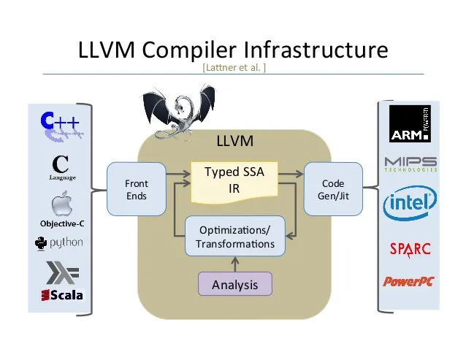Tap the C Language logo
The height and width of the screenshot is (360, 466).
click(x=62, y=167)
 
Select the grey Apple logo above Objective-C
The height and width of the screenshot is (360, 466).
click(x=62, y=204)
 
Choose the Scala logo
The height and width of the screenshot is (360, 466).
click(x=62, y=295)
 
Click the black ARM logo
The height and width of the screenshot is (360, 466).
click(x=410, y=126)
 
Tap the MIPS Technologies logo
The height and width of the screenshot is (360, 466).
click(x=410, y=164)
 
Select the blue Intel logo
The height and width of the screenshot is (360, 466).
click(x=410, y=202)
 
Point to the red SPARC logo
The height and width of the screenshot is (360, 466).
click(x=410, y=248)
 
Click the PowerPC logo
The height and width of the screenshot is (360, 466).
click(x=409, y=281)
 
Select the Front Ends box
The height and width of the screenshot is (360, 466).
click(x=136, y=190)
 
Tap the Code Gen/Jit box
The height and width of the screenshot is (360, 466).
click(x=332, y=190)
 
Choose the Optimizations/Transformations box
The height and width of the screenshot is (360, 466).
click(x=234, y=237)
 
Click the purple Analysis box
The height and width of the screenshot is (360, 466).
click(x=234, y=284)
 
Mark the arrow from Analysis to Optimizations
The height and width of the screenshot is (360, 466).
click(x=234, y=264)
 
